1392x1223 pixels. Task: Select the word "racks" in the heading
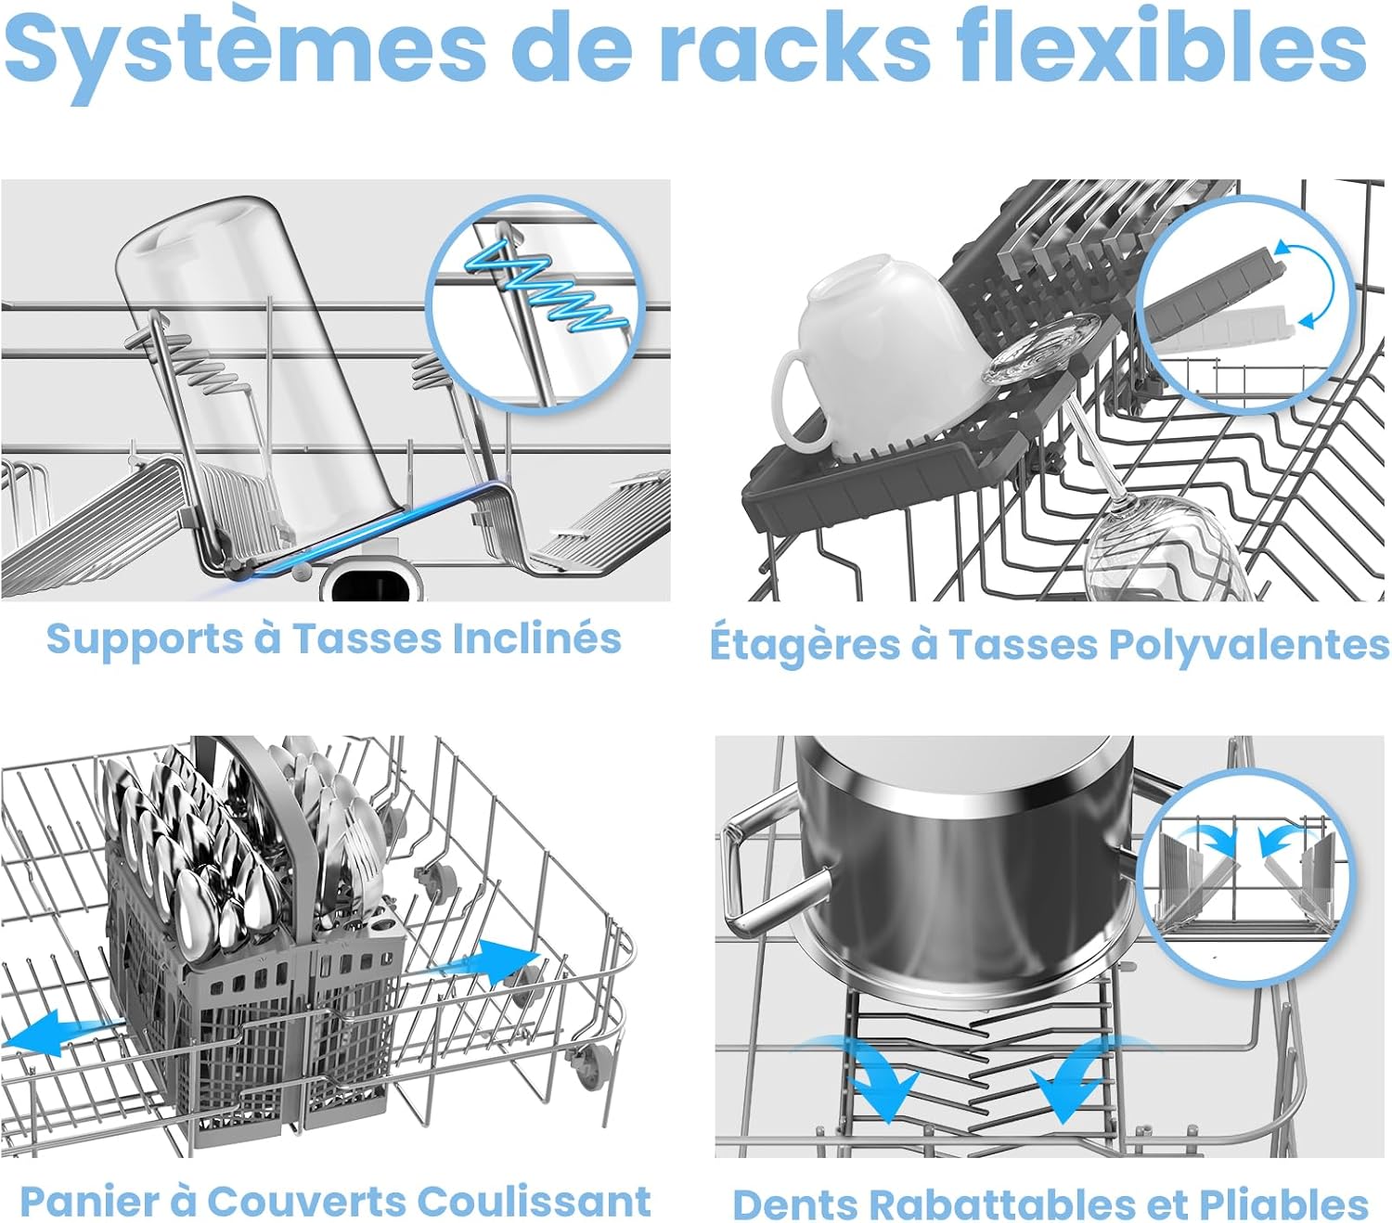(794, 45)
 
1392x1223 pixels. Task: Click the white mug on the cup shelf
(877, 353)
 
